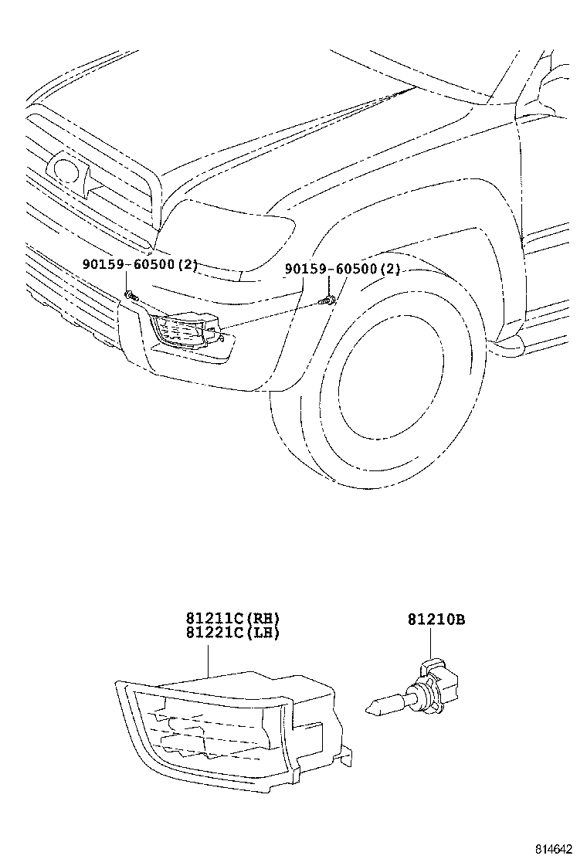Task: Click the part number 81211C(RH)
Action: (x=232, y=618)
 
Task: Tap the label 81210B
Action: (x=436, y=619)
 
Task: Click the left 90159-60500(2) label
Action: (x=140, y=265)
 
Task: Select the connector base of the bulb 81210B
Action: (x=440, y=680)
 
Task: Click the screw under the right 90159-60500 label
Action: (x=330, y=300)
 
